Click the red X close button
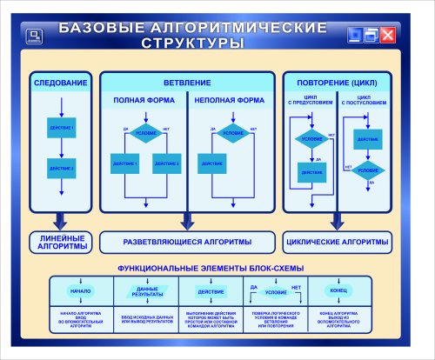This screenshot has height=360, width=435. pos(387,35)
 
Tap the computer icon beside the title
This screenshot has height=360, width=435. pos(34,36)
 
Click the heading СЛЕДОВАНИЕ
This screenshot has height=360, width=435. pos(61,83)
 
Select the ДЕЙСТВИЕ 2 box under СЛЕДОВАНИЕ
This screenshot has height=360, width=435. pos(61,167)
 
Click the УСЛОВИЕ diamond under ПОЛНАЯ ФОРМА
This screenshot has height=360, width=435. pos(146,133)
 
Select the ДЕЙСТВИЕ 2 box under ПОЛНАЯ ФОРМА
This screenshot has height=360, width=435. pos(166,163)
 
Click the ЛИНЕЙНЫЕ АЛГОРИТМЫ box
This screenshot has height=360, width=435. pos(61,242)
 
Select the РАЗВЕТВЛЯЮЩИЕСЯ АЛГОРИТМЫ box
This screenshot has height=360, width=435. pos(187,241)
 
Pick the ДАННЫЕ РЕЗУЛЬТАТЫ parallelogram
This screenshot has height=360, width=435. pos(146,290)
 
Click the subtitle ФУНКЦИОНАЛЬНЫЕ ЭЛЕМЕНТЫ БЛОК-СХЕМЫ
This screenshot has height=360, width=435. pos(210,265)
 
